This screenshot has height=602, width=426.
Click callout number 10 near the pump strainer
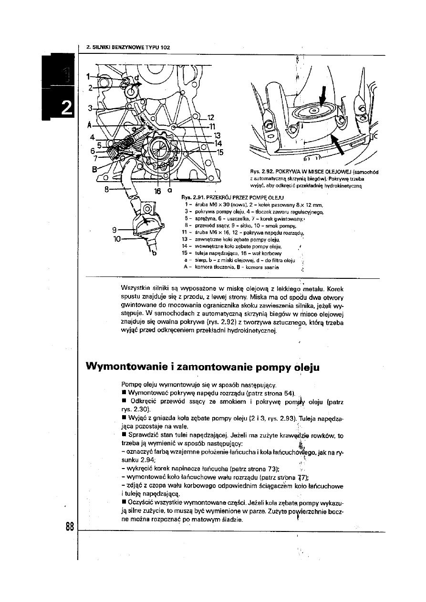(x=114, y=238)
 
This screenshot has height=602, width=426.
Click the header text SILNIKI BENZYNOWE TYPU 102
(x=128, y=47)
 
